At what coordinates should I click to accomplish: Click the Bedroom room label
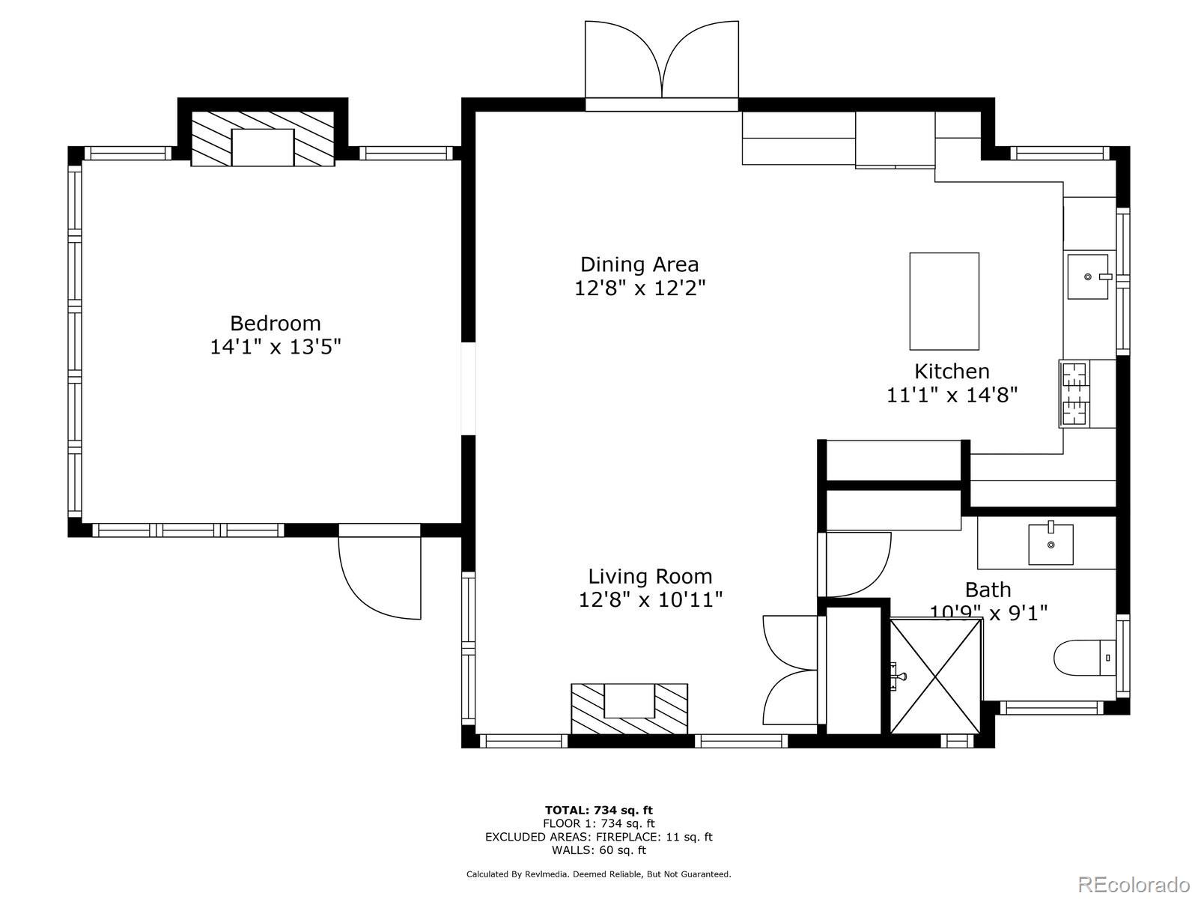click(x=275, y=324)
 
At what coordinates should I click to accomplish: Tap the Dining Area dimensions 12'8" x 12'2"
click(x=639, y=288)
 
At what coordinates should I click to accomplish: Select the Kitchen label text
click(x=952, y=372)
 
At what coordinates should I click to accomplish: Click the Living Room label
click(x=649, y=576)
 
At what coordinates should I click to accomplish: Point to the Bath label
click(x=988, y=590)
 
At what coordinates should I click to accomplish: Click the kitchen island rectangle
click(x=944, y=301)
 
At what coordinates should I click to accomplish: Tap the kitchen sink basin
click(x=1087, y=276)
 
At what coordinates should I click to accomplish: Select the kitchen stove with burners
click(x=1075, y=393)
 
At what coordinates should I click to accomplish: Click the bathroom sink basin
click(x=1050, y=544)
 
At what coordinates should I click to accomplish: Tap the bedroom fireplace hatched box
click(x=262, y=139)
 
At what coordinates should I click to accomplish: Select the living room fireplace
click(x=629, y=708)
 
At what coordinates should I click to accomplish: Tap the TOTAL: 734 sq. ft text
click(x=598, y=810)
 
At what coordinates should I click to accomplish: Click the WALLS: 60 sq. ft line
click(x=598, y=850)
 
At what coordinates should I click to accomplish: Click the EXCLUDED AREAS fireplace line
click(x=598, y=837)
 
